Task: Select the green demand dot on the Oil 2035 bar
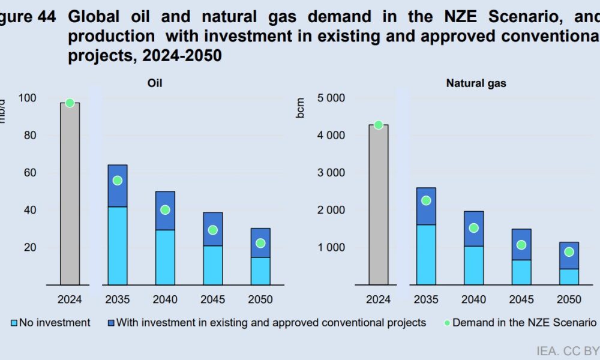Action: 118,181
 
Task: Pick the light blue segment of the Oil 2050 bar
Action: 260,271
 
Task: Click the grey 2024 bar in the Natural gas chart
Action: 378,204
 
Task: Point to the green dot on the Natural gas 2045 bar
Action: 521,245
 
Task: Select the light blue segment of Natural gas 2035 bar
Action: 426,254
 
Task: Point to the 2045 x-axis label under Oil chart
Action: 212,299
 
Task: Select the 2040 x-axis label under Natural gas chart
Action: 473,299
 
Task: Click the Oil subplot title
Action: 155,83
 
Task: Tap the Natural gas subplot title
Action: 476,83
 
